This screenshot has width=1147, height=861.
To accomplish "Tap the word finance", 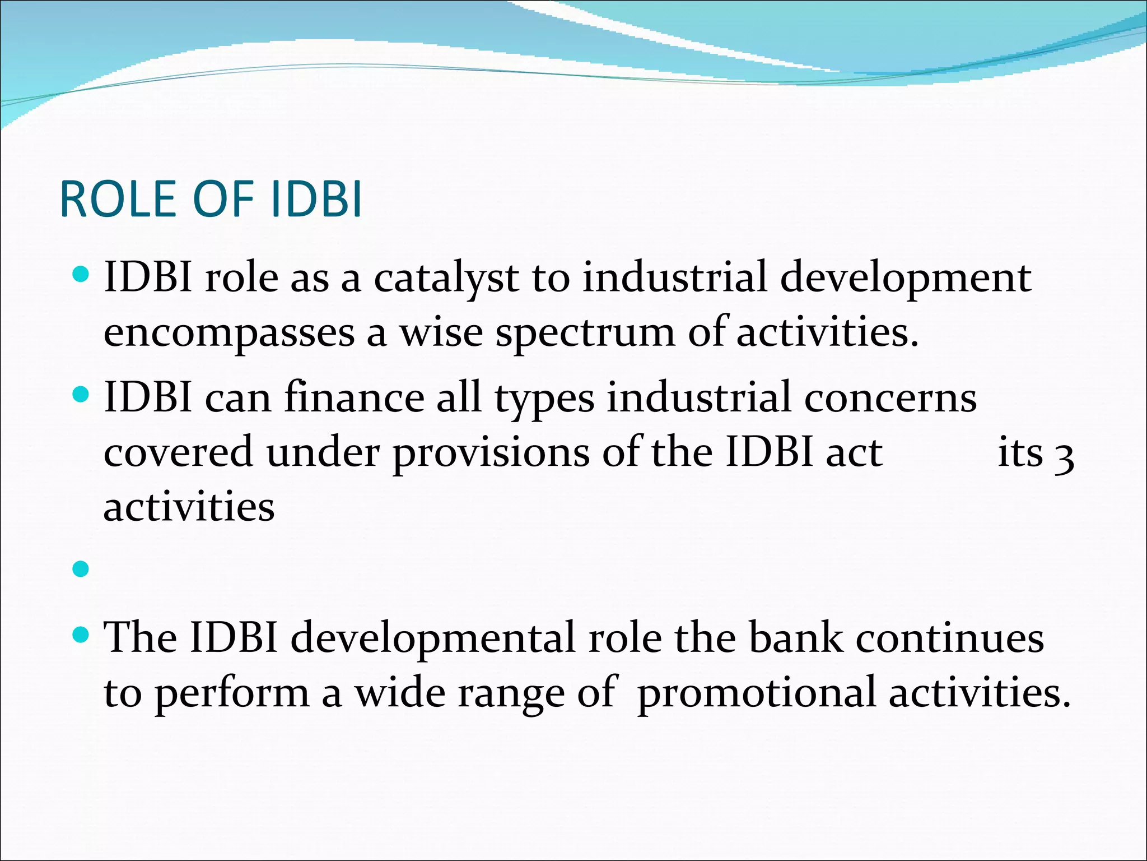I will [354, 397].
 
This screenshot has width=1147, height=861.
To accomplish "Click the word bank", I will [796, 637].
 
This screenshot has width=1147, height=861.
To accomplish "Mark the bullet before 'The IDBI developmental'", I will [81, 635].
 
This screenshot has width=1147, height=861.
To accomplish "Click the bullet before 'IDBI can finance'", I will [81, 395].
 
